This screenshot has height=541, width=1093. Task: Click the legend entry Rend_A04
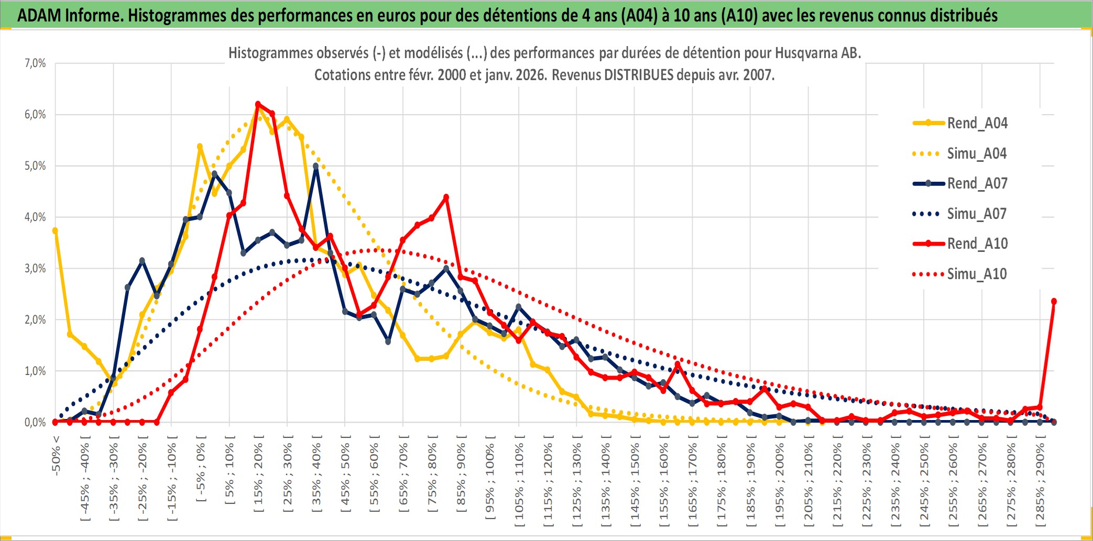(x=977, y=123)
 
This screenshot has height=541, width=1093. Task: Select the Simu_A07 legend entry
(x=977, y=214)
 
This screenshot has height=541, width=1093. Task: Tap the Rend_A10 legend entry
(x=977, y=244)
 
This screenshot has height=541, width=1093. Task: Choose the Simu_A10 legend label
(x=977, y=274)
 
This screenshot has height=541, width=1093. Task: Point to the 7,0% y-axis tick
(x=35, y=63)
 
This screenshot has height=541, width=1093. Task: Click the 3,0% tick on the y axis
(x=35, y=269)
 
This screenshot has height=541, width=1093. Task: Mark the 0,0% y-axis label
(x=35, y=422)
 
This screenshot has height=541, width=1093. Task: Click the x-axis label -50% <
(x=56, y=456)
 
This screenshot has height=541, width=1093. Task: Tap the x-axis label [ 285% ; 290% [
(x=1040, y=484)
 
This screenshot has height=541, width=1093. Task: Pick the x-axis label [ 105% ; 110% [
(x=519, y=484)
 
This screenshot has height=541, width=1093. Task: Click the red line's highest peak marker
(x=258, y=104)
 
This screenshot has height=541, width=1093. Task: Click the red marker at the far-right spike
(x=1054, y=301)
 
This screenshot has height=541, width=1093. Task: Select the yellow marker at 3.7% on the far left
(x=55, y=230)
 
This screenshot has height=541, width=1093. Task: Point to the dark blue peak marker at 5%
(x=316, y=166)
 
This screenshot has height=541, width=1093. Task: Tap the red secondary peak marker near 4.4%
(x=446, y=197)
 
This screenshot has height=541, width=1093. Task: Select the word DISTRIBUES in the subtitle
(x=639, y=75)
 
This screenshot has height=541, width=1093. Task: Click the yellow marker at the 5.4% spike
(x=200, y=147)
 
